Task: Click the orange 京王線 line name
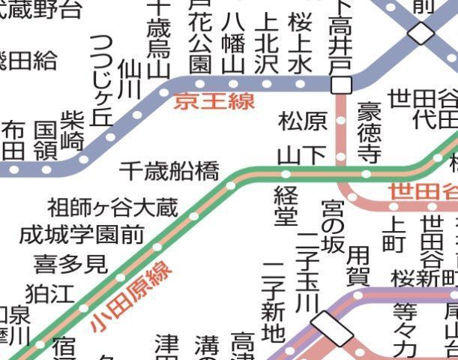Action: pyautogui.click(x=214, y=100)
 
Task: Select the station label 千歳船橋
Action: pyautogui.click(x=169, y=172)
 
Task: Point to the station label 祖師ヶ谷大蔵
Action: pyautogui.click(x=113, y=206)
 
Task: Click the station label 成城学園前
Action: pyautogui.click(x=82, y=235)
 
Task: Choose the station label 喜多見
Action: pyautogui.click(x=70, y=263)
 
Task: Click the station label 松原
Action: pyautogui.click(x=303, y=121)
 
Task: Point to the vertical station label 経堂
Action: pyautogui.click(x=286, y=205)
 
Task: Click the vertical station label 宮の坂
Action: pyautogui.click(x=331, y=225)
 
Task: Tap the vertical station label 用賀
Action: pyautogui.click(x=358, y=265)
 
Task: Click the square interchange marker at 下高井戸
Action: pyautogui.click(x=341, y=84)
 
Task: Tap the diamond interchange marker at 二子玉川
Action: pyautogui.click(x=331, y=329)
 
